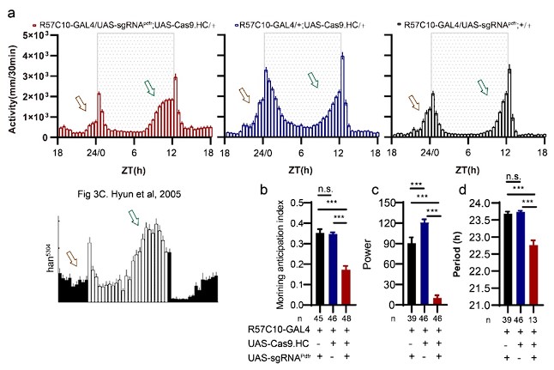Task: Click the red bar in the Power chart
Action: tap(413, 300)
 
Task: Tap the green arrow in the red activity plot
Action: tap(151, 83)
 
